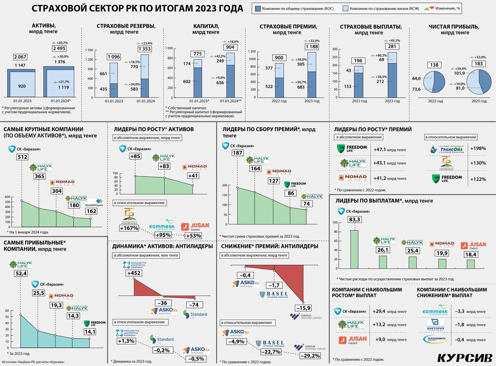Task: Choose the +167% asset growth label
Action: click(x=129, y=228)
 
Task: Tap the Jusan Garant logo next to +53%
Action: click(x=196, y=226)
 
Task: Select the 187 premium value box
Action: click(x=237, y=153)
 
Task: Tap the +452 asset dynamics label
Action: click(x=134, y=273)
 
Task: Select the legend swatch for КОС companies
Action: click(x=258, y=9)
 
